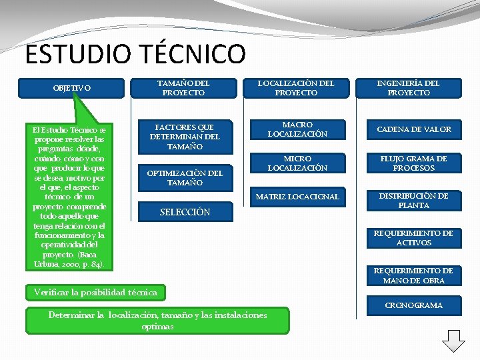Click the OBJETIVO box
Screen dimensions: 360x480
[x=73, y=87]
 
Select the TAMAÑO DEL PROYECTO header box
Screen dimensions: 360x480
[x=183, y=88]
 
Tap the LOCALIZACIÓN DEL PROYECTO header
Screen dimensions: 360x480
[x=296, y=88]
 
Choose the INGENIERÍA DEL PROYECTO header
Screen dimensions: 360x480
[x=409, y=88]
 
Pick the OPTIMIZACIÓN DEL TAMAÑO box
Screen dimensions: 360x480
[x=185, y=178]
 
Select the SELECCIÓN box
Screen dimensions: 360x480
[x=185, y=212]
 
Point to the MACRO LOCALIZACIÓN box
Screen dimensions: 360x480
[x=297, y=129]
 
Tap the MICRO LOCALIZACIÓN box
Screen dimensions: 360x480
[x=297, y=163]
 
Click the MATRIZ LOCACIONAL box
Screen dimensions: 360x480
[x=297, y=197]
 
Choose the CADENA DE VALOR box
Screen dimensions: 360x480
[x=414, y=129]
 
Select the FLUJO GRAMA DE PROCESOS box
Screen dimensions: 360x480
[x=413, y=163]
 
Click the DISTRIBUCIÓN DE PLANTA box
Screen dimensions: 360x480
[x=413, y=201]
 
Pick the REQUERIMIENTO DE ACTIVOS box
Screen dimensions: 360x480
[x=413, y=238]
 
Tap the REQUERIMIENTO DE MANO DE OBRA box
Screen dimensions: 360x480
[x=413, y=275]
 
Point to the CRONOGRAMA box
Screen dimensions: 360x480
[x=413, y=305]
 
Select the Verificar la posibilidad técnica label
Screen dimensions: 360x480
[x=96, y=292]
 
